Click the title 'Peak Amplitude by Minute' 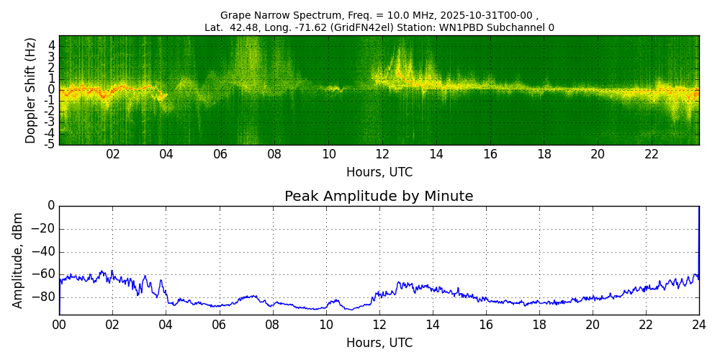click(x=379, y=197)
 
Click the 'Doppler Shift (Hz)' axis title click(x=30, y=90)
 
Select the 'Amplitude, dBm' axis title click(x=19, y=260)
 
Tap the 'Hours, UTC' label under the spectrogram click(x=379, y=173)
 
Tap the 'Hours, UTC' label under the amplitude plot click(x=379, y=343)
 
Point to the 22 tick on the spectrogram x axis click(x=652, y=154)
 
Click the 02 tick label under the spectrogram click(x=113, y=154)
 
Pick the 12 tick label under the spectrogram click(x=382, y=154)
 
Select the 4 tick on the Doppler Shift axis click(x=51, y=45)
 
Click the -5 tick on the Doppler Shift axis click(x=50, y=144)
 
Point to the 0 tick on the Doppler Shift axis click(x=51, y=90)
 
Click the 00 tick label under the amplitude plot click(x=59, y=324)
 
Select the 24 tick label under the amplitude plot click(x=699, y=324)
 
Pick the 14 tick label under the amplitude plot click(x=433, y=324)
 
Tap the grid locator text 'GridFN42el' click(x=351, y=28)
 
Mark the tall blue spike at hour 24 click(x=698, y=238)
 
